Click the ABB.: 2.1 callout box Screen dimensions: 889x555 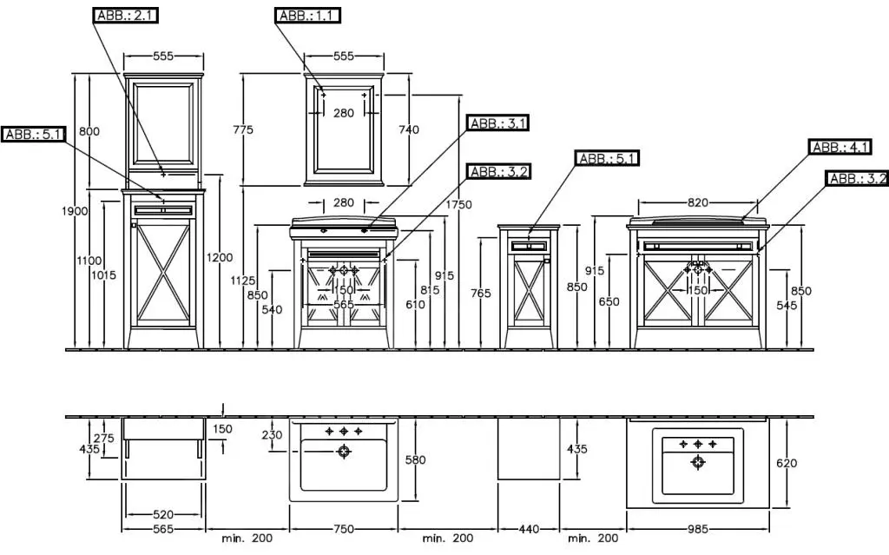click(125, 16)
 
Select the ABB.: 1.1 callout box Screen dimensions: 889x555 click(307, 16)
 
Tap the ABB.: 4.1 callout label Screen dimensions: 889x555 click(840, 147)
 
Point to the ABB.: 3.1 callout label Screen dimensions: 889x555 click(497, 122)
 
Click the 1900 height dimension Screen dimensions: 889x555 click(75, 211)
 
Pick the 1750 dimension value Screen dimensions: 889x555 click(458, 204)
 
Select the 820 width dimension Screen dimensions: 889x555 click(698, 202)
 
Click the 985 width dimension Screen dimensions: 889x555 click(698, 529)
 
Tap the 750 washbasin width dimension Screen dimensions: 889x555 click(344, 529)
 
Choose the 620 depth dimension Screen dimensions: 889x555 click(787, 463)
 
